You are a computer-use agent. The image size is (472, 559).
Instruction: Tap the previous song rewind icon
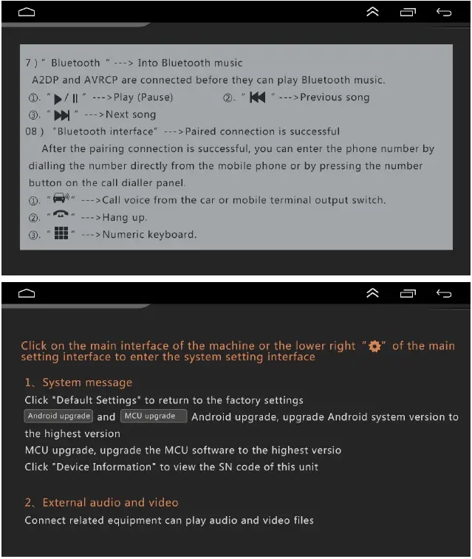pyautogui.click(x=257, y=97)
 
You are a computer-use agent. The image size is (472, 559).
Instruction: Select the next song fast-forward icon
pyautogui.click(x=61, y=114)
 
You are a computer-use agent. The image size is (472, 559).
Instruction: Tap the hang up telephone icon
pyautogui.click(x=61, y=217)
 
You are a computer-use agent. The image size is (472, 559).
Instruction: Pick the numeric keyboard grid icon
pyautogui.click(x=61, y=234)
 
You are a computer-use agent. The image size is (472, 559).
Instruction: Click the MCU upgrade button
pyautogui.click(x=153, y=416)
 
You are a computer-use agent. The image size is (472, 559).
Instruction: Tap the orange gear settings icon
pyautogui.click(x=374, y=346)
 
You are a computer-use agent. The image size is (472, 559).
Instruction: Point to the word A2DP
pyautogui.click(x=46, y=80)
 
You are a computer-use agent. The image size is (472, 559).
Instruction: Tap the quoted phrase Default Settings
pyautogui.click(x=97, y=400)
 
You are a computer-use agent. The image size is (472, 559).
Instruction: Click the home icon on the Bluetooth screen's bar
pyautogui.click(x=27, y=12)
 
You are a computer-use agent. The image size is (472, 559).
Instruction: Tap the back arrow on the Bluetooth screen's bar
pyautogui.click(x=444, y=12)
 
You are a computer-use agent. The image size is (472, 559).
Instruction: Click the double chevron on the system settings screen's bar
pyautogui.click(x=373, y=293)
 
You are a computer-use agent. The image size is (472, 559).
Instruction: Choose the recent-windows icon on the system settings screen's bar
pyautogui.click(x=408, y=293)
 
